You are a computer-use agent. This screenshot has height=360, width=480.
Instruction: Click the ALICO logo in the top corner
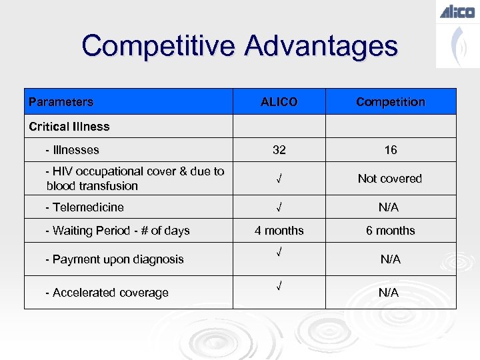tap(457, 11)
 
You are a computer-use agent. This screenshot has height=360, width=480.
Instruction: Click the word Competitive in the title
tap(157, 47)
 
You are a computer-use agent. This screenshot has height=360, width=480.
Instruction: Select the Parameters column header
tap(61, 102)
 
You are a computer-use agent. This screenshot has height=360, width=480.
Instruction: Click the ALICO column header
tap(279, 102)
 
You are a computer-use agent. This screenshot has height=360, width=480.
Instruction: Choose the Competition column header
tap(390, 102)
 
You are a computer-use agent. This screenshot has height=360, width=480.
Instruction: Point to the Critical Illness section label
tap(69, 126)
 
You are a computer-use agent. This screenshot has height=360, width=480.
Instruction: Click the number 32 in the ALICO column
tap(279, 150)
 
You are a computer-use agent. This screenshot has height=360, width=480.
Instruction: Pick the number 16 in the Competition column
tap(390, 150)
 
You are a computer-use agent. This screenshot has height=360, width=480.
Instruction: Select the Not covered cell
tap(390, 179)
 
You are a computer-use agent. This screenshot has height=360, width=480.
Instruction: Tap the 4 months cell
tap(279, 231)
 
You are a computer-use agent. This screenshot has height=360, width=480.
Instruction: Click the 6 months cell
tap(390, 231)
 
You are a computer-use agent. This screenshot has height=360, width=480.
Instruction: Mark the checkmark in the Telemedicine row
tap(279, 207)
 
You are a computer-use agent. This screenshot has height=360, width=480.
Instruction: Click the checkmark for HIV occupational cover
tap(279, 179)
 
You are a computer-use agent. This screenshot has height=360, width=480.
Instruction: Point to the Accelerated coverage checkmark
tap(279, 286)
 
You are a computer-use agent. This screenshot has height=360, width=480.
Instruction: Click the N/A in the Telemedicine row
tap(389, 207)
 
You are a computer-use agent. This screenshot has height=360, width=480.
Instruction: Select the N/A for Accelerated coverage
tap(390, 293)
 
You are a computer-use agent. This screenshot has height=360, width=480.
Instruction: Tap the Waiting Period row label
tap(117, 231)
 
